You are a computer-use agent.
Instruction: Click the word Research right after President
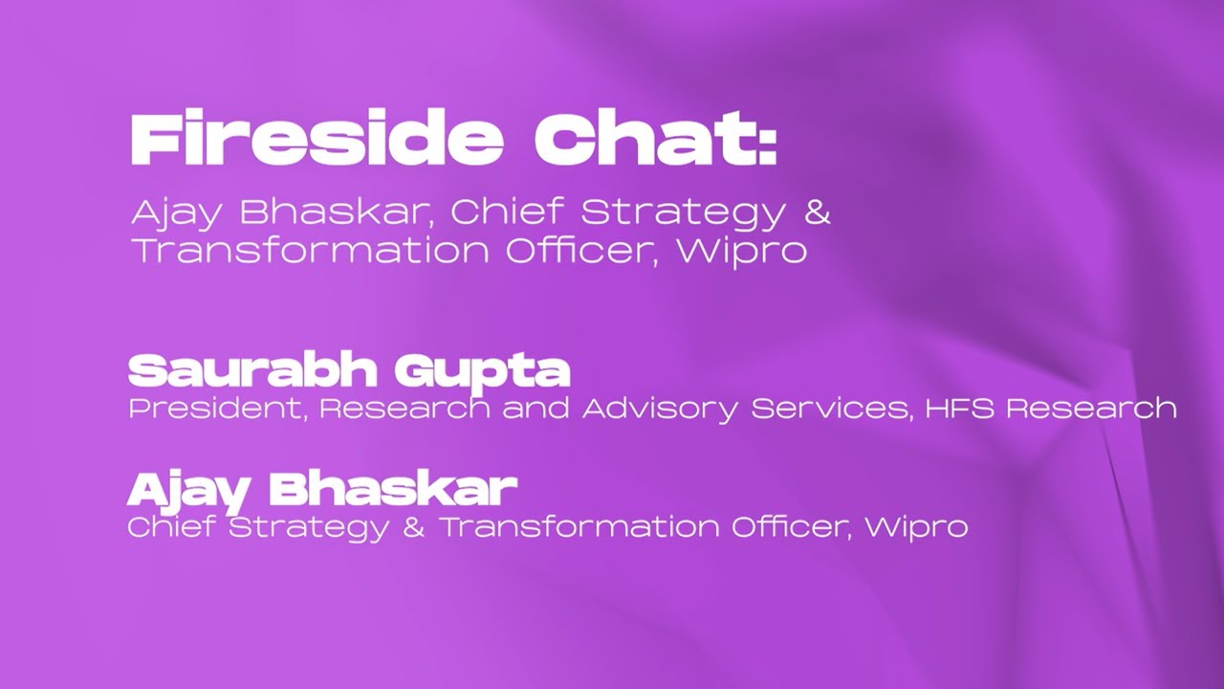pyautogui.click(x=405, y=409)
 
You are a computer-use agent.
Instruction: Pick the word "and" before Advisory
pyautogui.click(x=538, y=409)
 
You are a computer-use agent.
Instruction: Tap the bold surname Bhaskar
pyautogui.click(x=393, y=489)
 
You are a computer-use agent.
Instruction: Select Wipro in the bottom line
pyautogui.click(x=916, y=527)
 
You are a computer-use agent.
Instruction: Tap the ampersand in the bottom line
pyautogui.click(x=413, y=527)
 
